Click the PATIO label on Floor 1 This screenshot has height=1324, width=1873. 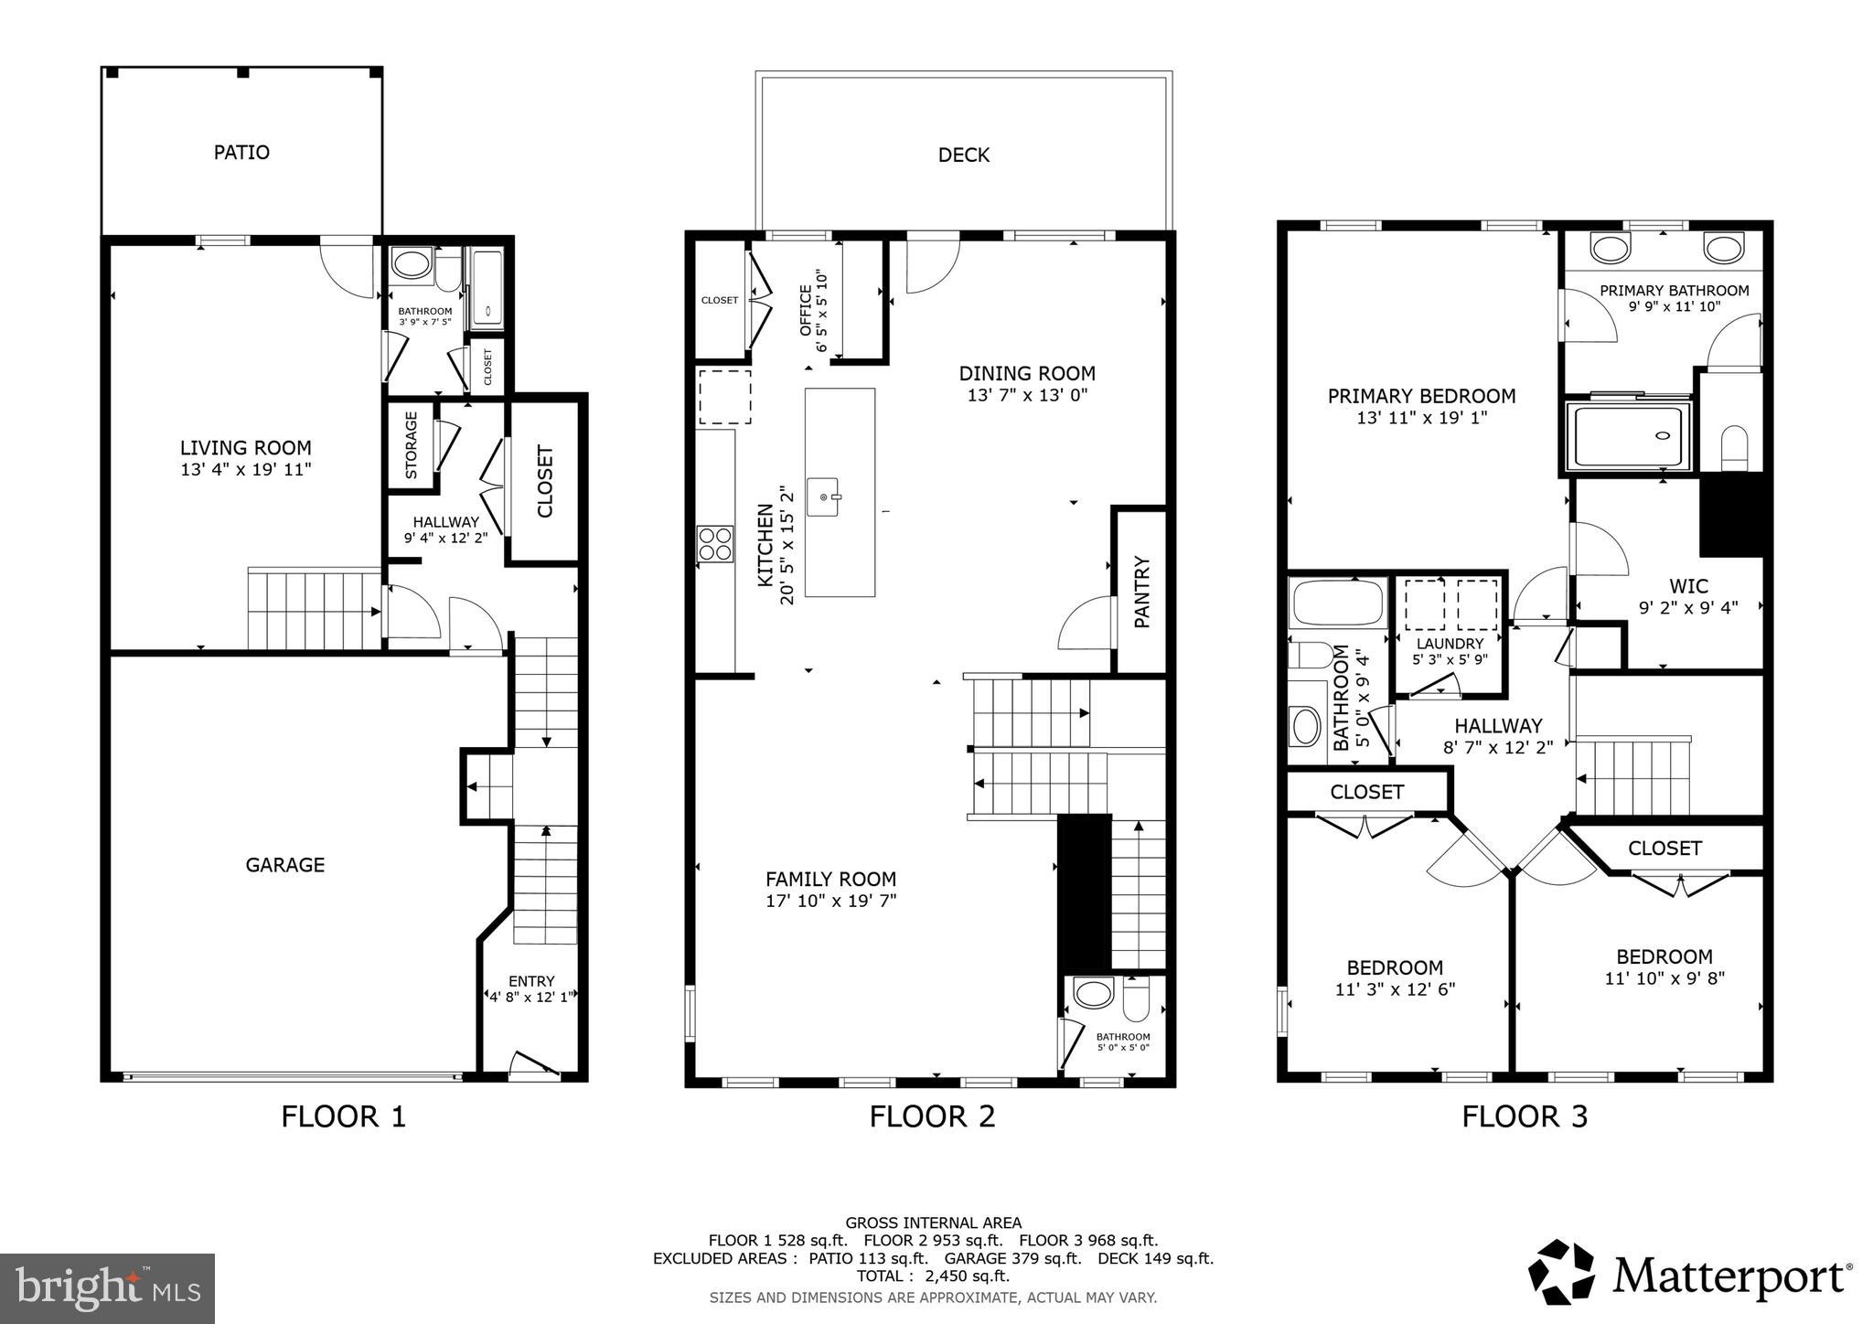click(x=241, y=153)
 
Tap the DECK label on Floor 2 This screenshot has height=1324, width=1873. click(x=963, y=155)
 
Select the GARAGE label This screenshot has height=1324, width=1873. click(x=284, y=865)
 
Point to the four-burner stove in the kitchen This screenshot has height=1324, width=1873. click(x=714, y=543)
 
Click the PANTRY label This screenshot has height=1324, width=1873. click(x=1141, y=592)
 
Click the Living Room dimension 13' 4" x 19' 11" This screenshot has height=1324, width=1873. click(x=246, y=470)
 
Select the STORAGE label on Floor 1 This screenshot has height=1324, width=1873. click(x=412, y=445)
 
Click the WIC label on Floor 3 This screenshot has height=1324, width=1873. click(x=1688, y=586)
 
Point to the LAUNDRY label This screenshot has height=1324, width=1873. click(x=1450, y=644)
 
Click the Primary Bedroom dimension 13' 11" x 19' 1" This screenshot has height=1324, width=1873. click(x=1421, y=418)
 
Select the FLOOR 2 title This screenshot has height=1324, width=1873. click(x=932, y=1116)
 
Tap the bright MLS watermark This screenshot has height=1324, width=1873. click(x=107, y=1287)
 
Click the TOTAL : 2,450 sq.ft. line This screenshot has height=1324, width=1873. click(x=933, y=1276)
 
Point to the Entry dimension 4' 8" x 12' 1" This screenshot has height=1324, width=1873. click(x=530, y=998)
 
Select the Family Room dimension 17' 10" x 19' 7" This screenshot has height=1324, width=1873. click(x=830, y=901)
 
